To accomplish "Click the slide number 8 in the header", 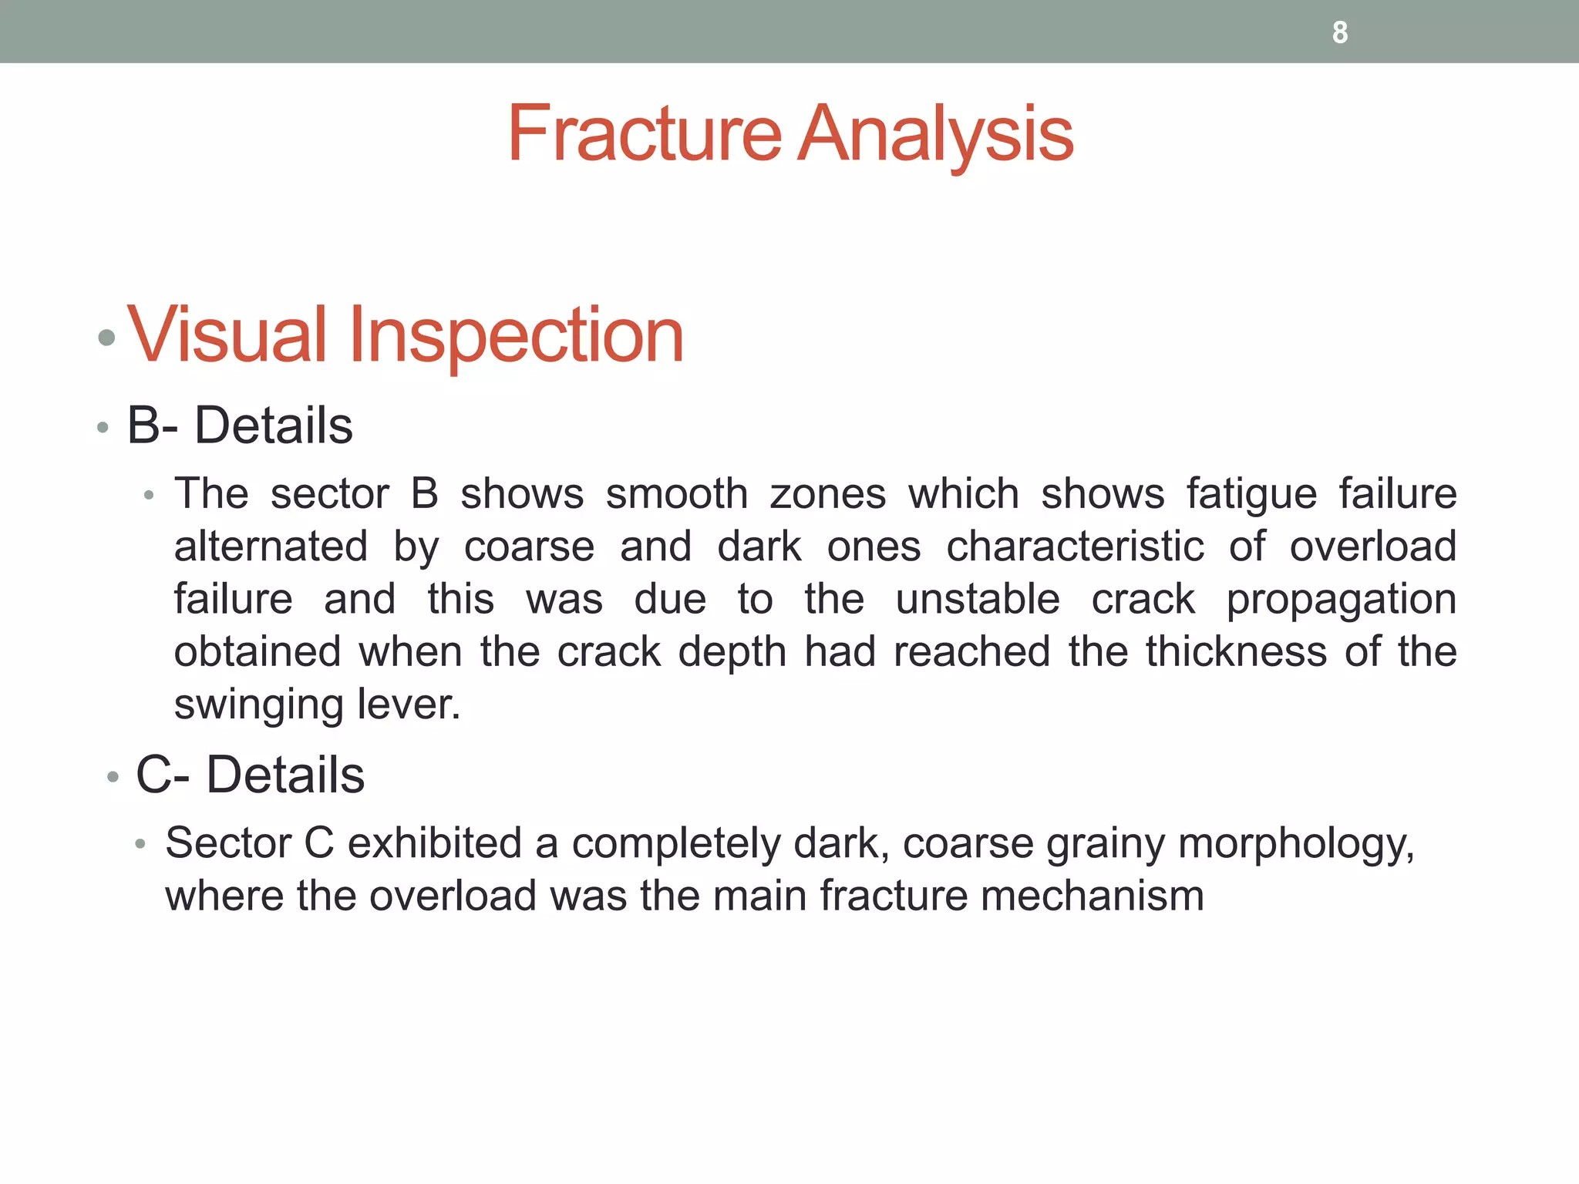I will (x=1340, y=32).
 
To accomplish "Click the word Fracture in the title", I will (x=645, y=134).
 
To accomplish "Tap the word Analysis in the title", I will (x=934, y=134).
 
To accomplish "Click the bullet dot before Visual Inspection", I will (x=107, y=338).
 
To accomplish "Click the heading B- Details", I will (x=239, y=425).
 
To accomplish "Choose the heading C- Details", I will (x=250, y=775).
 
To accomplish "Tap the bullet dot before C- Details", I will (x=113, y=777).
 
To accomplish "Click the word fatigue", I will (x=1251, y=494).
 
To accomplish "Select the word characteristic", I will (x=1075, y=547).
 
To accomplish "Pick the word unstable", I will (x=977, y=599).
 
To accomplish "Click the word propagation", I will (x=1341, y=600).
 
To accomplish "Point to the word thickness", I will (x=1236, y=651).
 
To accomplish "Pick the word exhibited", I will (x=435, y=843).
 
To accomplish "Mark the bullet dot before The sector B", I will (x=150, y=496).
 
